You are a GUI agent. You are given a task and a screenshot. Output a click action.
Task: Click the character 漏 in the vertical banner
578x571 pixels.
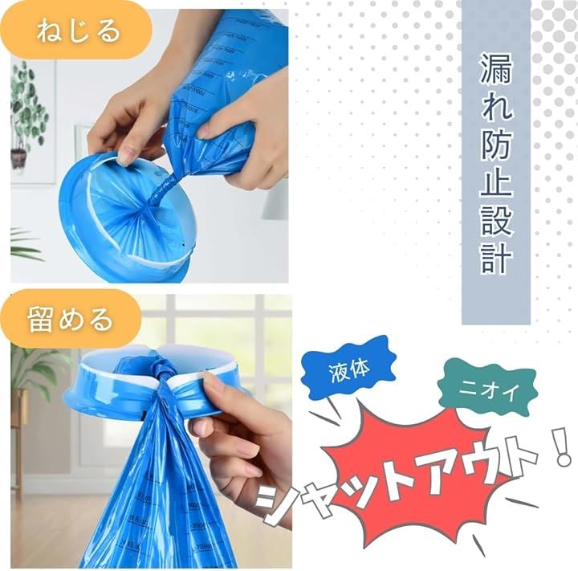click(x=496, y=69)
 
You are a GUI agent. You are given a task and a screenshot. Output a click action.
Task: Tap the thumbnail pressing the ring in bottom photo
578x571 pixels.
click(x=213, y=384)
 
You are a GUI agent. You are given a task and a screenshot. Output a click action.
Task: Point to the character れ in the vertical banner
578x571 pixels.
click(x=496, y=107)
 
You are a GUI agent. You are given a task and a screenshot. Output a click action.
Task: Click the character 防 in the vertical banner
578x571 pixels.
click(x=496, y=145)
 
